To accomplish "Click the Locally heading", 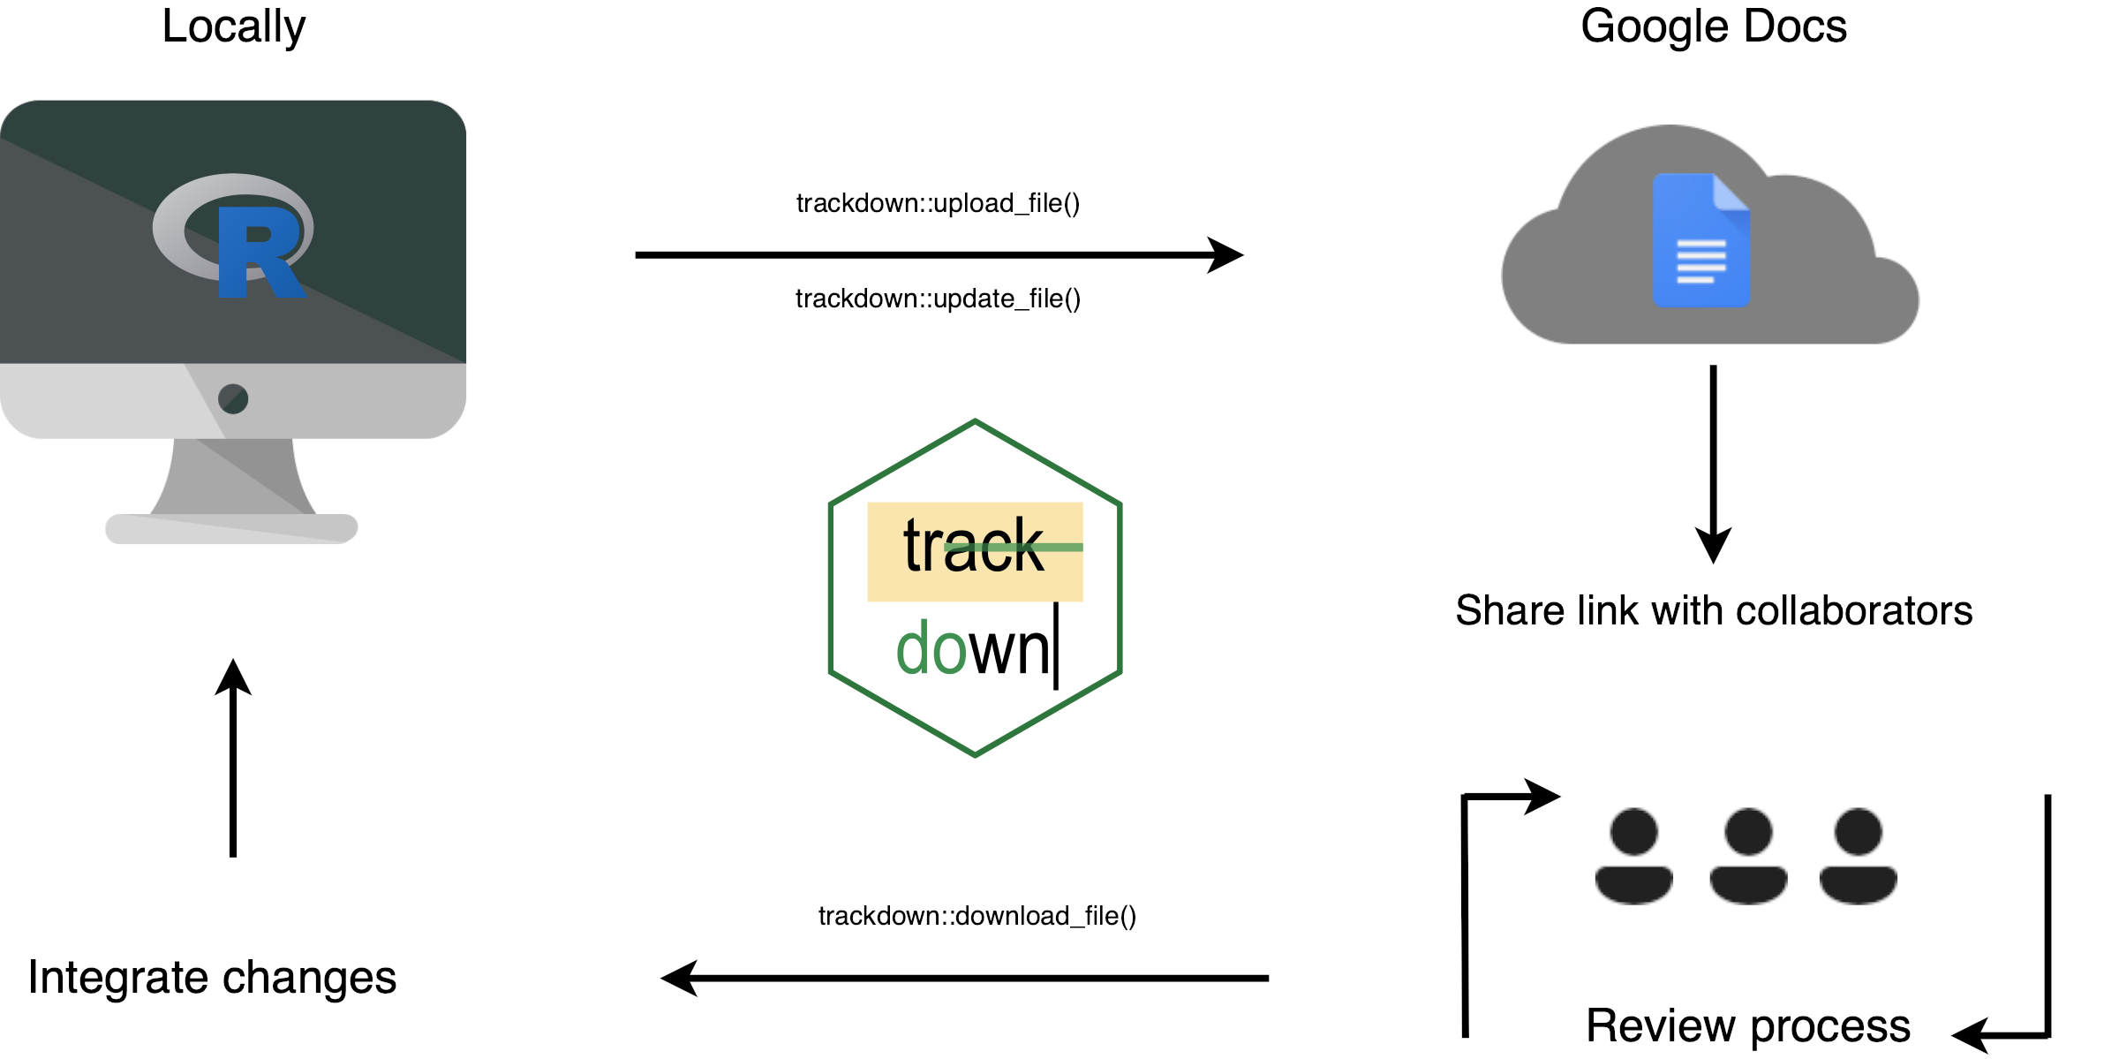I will tap(233, 26).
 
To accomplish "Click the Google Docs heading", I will tap(1713, 26).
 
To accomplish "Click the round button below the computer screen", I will tap(233, 398).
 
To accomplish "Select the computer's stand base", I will tap(231, 528).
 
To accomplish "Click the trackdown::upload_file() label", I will tap(938, 203).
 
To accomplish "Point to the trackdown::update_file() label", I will tap(938, 299).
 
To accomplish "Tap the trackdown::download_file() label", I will tap(977, 916).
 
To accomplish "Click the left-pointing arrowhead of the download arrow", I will tap(680, 978).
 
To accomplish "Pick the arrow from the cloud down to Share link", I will tap(1713, 459).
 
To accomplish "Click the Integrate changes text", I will tap(212, 978).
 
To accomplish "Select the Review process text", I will tap(1747, 1025).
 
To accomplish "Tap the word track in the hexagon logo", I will tap(973, 548).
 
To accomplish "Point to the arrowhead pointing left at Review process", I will tap(1971, 1035).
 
